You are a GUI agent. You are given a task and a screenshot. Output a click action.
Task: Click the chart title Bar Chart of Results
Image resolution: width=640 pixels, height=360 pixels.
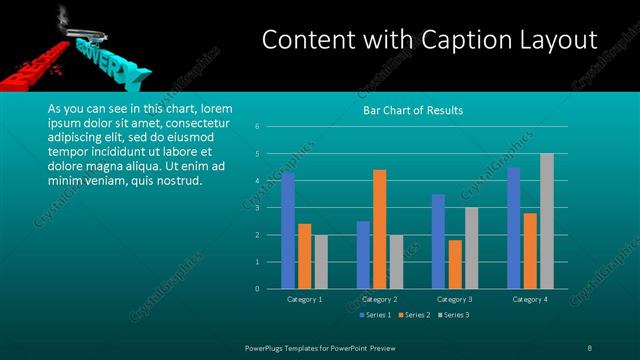[x=412, y=110]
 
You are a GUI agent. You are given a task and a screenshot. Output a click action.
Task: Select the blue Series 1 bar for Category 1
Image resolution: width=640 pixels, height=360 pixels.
[x=288, y=231]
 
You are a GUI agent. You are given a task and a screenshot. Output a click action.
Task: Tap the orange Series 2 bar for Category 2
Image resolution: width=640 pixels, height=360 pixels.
[x=379, y=229]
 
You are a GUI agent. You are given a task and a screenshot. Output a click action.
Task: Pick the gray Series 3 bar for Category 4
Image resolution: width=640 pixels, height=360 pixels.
[x=546, y=221]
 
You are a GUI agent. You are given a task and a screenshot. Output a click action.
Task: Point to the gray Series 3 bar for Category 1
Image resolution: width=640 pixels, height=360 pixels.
[x=320, y=262]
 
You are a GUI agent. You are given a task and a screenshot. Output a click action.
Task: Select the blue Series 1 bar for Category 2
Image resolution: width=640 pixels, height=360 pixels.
[x=363, y=255]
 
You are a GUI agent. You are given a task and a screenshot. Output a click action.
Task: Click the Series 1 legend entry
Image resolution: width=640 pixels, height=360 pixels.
[x=374, y=315]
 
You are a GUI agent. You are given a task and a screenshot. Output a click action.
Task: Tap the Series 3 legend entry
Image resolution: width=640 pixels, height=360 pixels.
[x=452, y=315]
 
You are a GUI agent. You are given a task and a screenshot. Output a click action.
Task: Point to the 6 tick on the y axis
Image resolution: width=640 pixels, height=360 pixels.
[x=257, y=127]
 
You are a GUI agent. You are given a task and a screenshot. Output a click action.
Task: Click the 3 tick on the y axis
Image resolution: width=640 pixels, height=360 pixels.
[x=257, y=208]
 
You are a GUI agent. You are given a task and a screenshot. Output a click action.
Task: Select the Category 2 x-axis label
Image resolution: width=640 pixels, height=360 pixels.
[x=379, y=299]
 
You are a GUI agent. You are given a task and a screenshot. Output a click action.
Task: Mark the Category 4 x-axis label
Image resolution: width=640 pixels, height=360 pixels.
[x=530, y=299]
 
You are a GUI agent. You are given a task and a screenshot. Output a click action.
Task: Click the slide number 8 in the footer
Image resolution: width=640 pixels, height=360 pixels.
[x=589, y=347]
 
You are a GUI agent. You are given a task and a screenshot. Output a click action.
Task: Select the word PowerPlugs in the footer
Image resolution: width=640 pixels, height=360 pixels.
[x=269, y=347]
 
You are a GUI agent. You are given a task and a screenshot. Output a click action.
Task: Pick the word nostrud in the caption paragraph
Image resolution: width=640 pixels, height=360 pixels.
[x=180, y=180]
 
